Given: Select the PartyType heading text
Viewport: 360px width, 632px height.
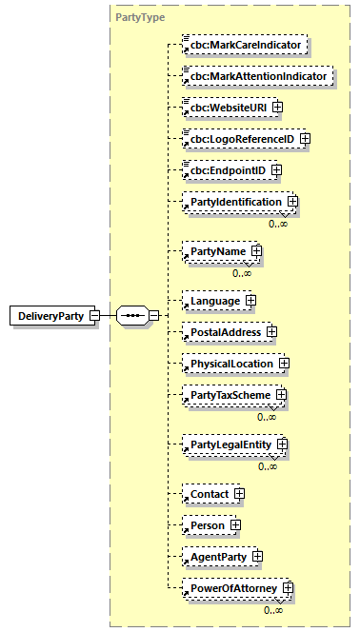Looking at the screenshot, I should tap(140, 17).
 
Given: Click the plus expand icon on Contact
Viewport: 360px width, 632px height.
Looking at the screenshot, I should tap(239, 494).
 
